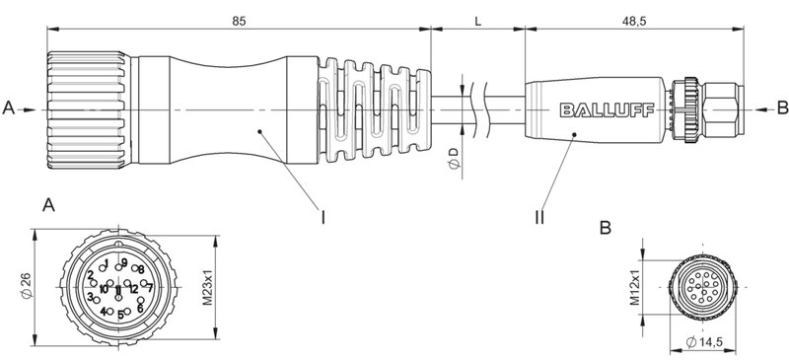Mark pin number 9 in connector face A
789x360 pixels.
(x=123, y=261)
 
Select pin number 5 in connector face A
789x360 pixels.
(x=120, y=315)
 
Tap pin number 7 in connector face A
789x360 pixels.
(x=149, y=288)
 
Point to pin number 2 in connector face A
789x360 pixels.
(x=90, y=274)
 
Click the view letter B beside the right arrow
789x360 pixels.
(x=781, y=105)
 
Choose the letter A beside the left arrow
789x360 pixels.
(x=9, y=105)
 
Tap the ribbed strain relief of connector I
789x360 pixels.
(x=375, y=105)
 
